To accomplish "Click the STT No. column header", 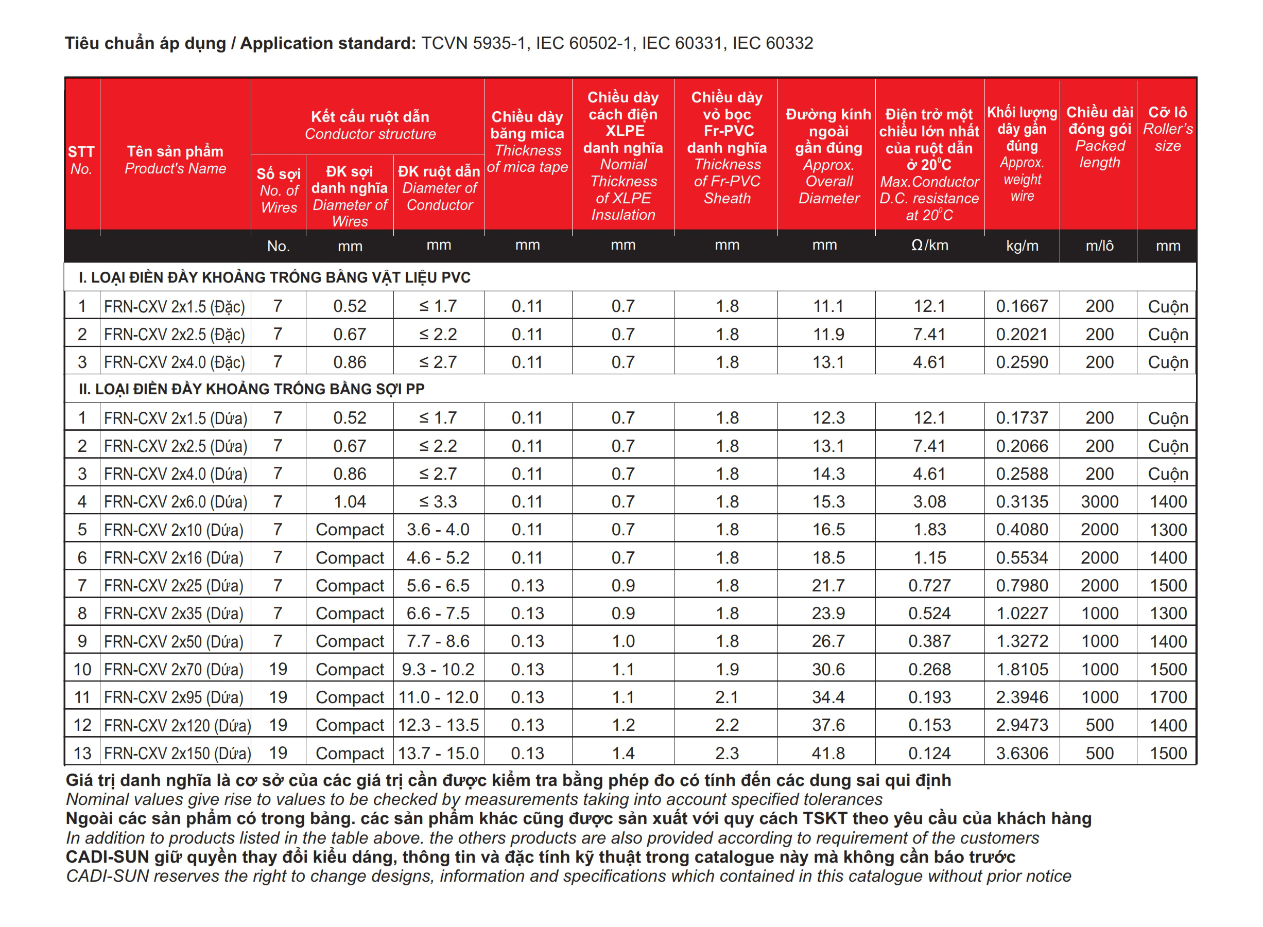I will pos(81,160).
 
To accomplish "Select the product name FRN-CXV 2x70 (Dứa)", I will pos(174,670).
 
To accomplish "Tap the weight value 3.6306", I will pos(1022,753).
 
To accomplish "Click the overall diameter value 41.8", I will pos(828,753).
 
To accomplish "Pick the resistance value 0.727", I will pos(929,585).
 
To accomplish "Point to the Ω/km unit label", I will pos(929,245).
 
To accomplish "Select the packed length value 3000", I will pos(1099,502).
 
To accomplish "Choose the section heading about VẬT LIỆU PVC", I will pos(274,277).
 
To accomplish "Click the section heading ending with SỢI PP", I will pos(251,389).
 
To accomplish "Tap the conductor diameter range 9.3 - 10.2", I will pos(438,670).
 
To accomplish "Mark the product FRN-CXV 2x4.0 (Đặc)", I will pos(174,362).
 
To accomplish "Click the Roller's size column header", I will pos(1168,129).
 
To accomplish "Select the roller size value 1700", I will pos(1168,697).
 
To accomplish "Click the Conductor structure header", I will pos(370,125).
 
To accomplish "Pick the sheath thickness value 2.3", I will pos(727,753).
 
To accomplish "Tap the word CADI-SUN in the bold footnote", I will pos(107,857).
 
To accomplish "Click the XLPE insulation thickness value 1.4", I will pos(623,753).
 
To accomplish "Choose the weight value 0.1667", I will pos(1022,306).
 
